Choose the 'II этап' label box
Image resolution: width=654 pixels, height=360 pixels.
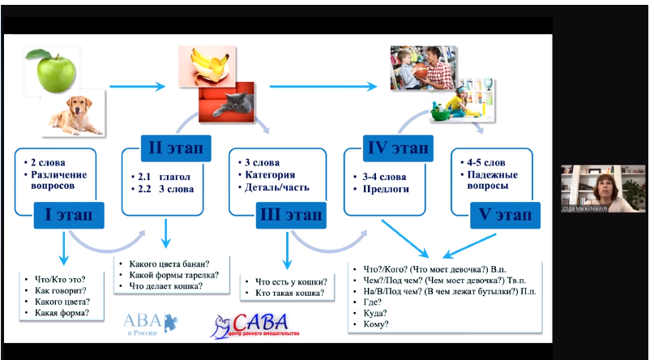click(175, 148)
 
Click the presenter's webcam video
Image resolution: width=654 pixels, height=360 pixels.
click(603, 188)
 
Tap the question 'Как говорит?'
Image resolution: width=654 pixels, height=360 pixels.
click(62, 289)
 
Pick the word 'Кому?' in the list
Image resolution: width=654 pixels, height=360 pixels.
click(378, 324)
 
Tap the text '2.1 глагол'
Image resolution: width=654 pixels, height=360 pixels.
click(163, 177)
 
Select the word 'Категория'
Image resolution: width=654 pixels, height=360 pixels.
click(271, 175)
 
